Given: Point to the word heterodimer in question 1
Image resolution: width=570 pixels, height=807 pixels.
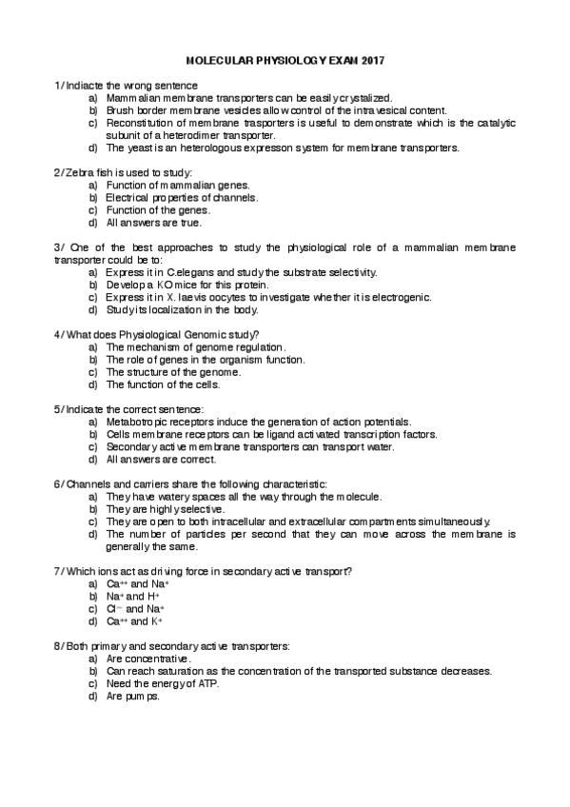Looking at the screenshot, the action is click(x=194, y=135).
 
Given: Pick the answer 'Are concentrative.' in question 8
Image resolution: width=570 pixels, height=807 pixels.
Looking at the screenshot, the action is click(x=149, y=659).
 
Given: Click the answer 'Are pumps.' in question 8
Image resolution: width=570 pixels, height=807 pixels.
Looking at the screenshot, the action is click(x=133, y=696).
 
